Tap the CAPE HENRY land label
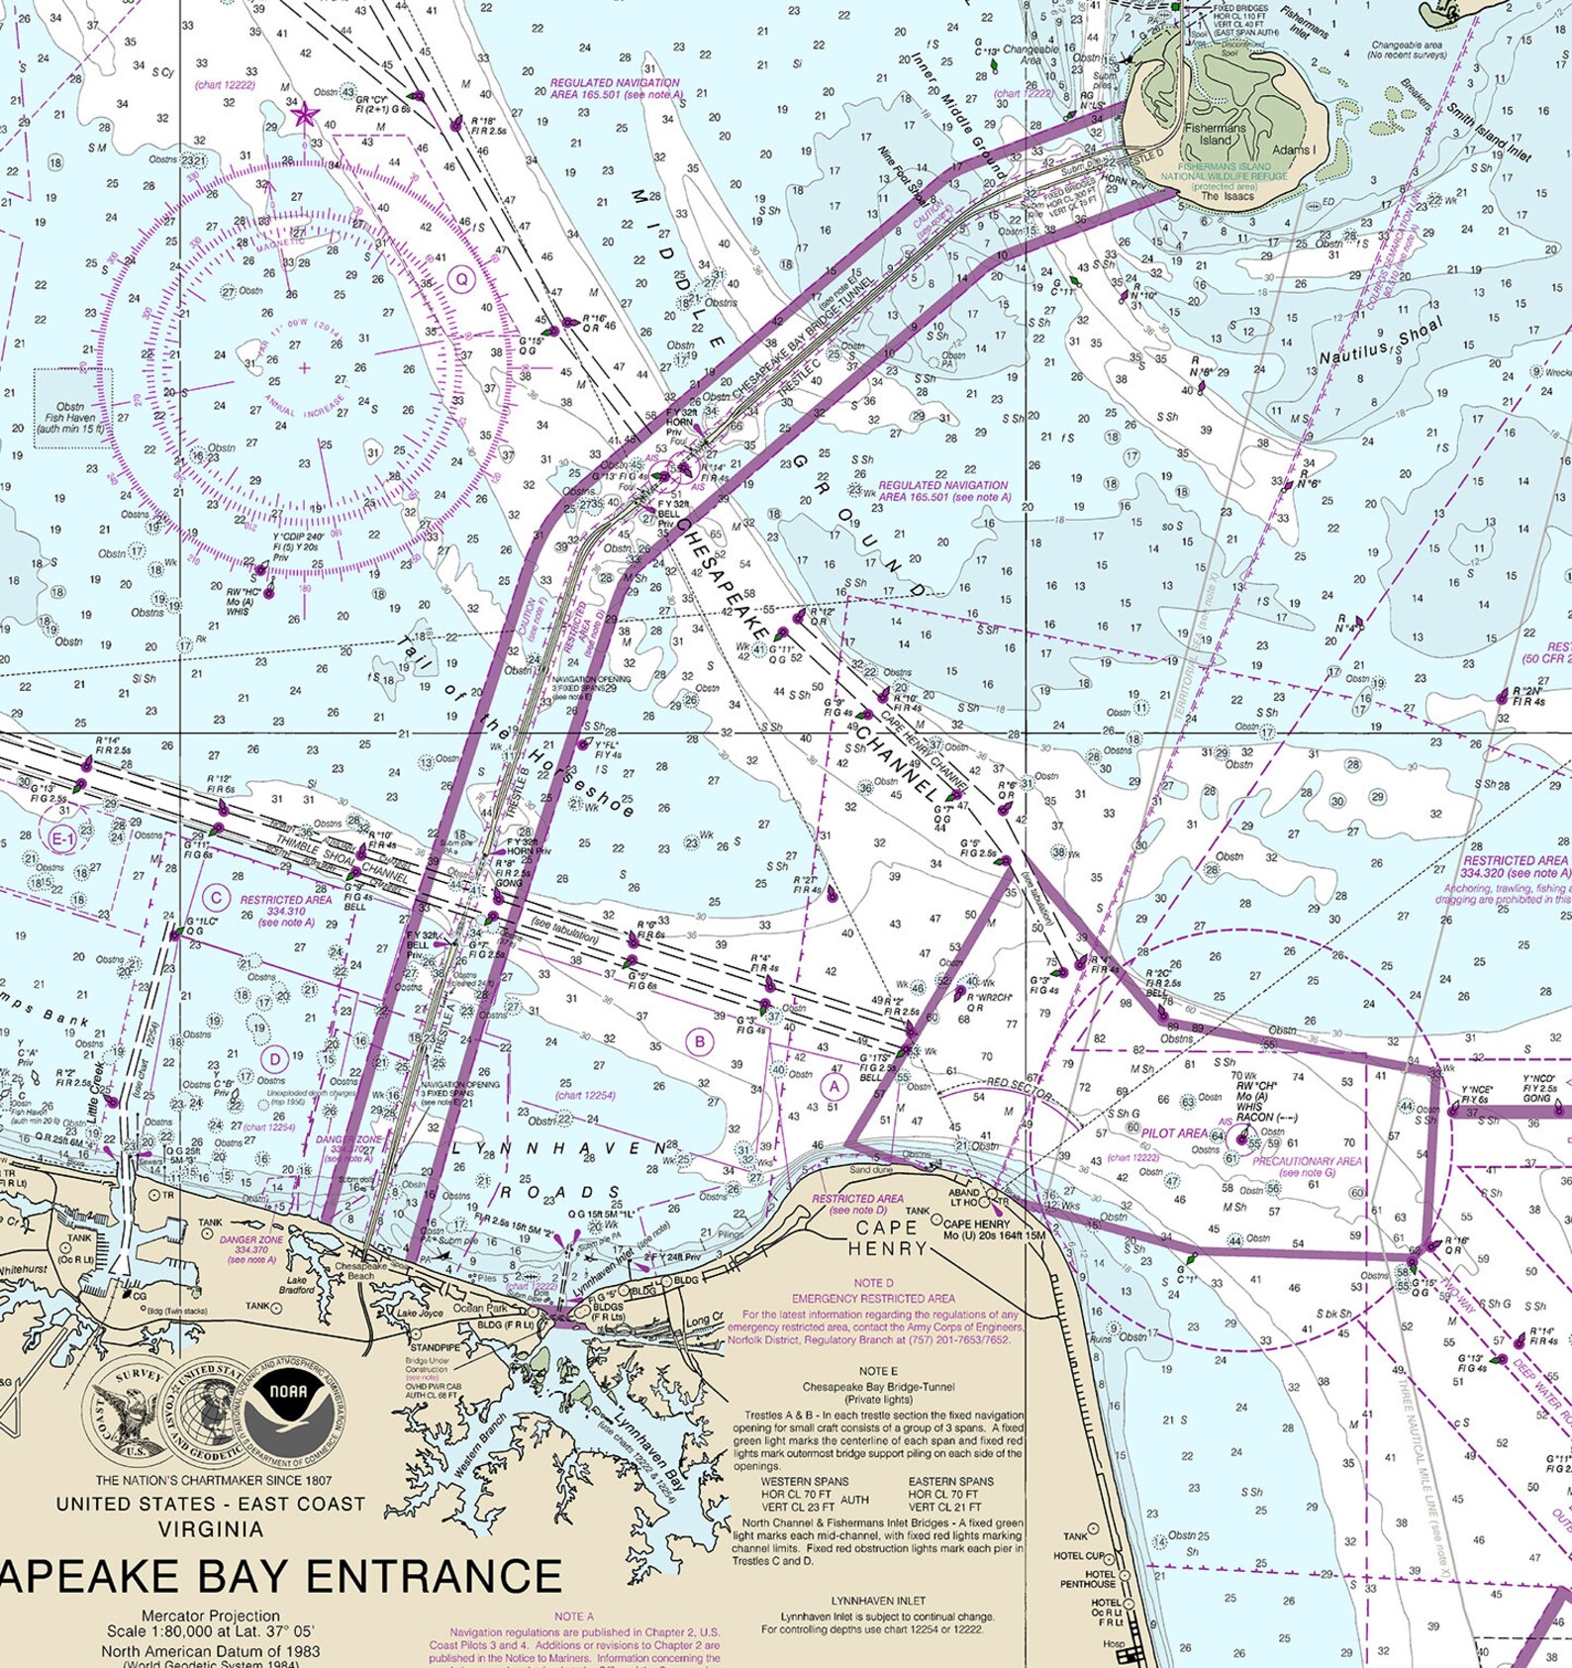(x=886, y=1237)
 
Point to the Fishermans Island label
(x=1215, y=135)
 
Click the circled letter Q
(x=461, y=279)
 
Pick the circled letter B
(x=701, y=1041)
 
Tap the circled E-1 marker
(x=62, y=839)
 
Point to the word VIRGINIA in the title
(x=211, y=1529)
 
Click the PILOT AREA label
(x=1175, y=1132)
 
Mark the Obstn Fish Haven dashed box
(x=73, y=408)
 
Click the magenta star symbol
(x=303, y=116)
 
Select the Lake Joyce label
(x=420, y=1314)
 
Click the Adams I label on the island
(x=1293, y=150)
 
